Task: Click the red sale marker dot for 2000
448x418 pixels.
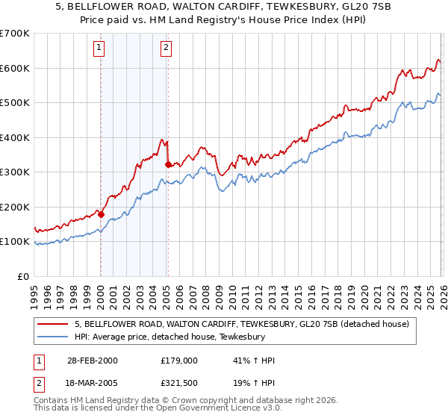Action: (x=101, y=213)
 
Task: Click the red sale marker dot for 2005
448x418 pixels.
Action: (x=167, y=164)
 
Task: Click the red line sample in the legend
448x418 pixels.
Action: (x=53, y=325)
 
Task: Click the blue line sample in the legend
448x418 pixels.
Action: (x=53, y=337)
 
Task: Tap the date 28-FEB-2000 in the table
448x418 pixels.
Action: (x=92, y=361)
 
